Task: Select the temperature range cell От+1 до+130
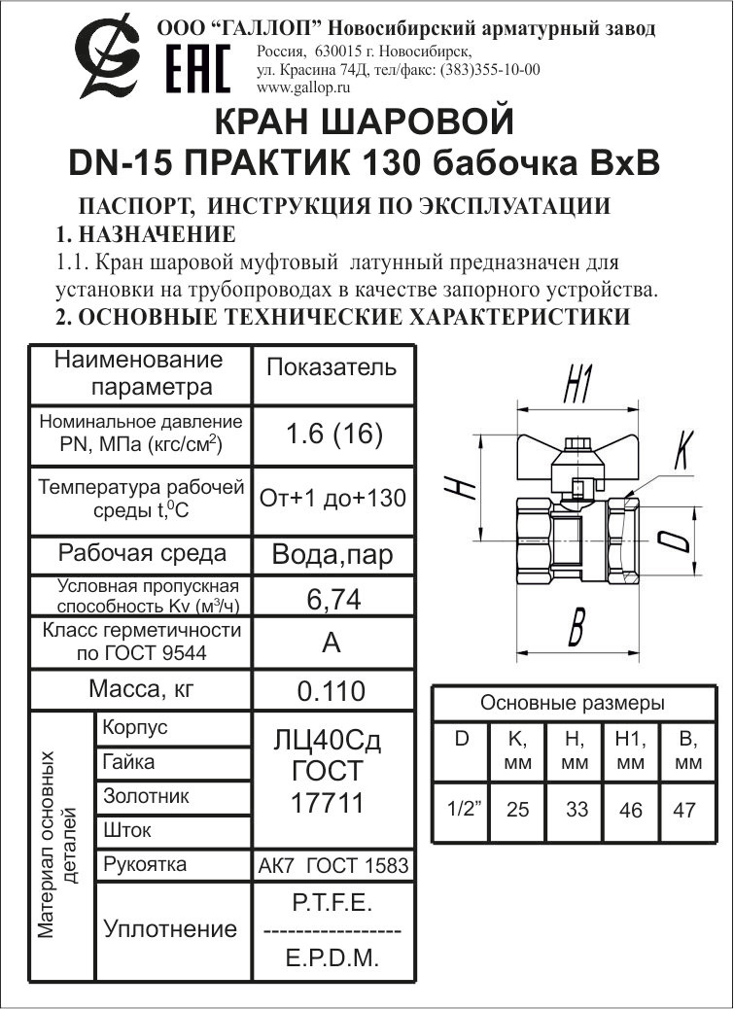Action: (x=332, y=499)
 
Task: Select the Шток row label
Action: (x=127, y=831)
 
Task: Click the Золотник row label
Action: (x=146, y=796)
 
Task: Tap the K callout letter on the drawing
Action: (x=681, y=449)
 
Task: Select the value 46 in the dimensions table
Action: (x=631, y=809)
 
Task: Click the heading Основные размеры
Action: (x=573, y=703)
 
